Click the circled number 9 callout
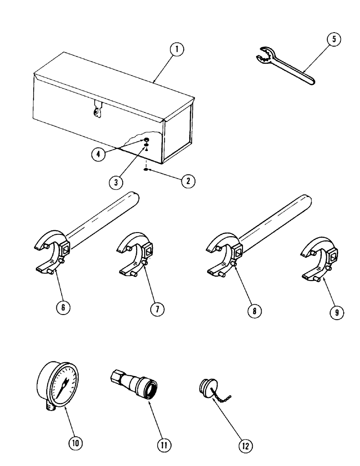(334, 313)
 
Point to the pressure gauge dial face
(63, 383)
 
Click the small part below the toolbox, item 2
(146, 170)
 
